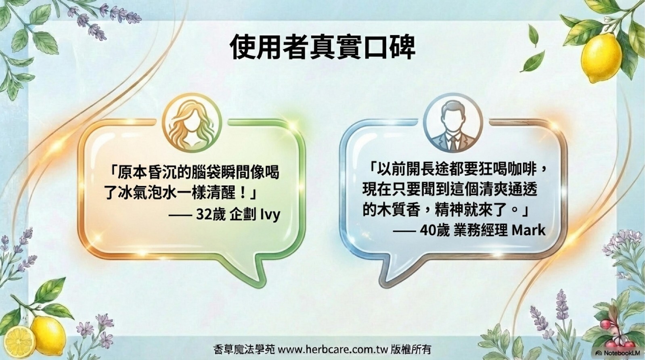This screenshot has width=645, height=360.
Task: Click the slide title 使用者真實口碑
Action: click(x=322, y=47)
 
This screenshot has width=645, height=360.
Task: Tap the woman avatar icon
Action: click(x=192, y=123)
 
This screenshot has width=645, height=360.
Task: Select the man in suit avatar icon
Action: click(x=453, y=123)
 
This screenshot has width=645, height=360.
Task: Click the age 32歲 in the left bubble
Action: click(x=210, y=215)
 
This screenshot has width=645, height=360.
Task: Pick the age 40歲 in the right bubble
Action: click(x=435, y=230)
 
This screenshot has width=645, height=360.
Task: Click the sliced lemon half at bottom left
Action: click(x=19, y=343)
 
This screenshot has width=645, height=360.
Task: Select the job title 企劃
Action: click(x=243, y=215)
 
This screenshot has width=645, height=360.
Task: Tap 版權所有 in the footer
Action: click(x=411, y=350)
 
